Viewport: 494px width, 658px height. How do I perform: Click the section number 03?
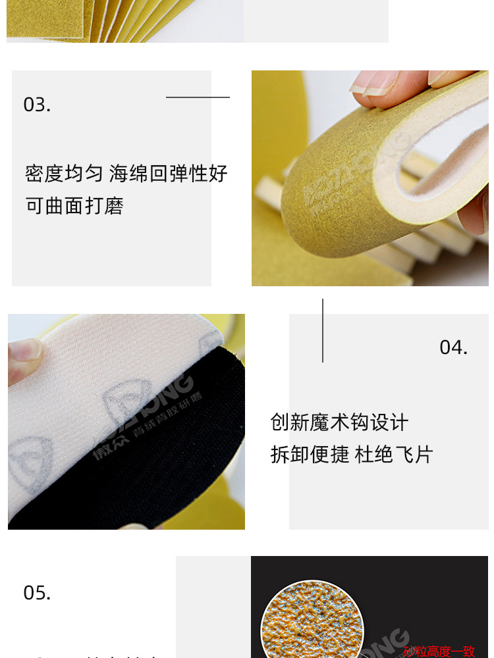coord(37,105)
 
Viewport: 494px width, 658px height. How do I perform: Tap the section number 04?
coord(453,347)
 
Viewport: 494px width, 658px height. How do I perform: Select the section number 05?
coord(37,593)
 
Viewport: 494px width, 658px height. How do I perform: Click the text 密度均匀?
coord(64,174)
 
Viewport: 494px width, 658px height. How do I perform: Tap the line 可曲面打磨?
coord(74,206)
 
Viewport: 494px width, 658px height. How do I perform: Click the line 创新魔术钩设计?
coord(339,422)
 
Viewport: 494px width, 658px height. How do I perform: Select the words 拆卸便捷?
coord(310,455)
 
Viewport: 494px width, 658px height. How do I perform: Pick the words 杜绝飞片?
coord(394,455)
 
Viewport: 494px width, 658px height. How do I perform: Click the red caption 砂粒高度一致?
coord(439,651)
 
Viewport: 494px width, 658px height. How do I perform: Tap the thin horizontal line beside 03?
coord(198,97)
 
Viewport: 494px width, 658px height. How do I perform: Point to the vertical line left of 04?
coord(323,330)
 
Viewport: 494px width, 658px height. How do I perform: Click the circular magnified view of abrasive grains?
coord(303,622)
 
